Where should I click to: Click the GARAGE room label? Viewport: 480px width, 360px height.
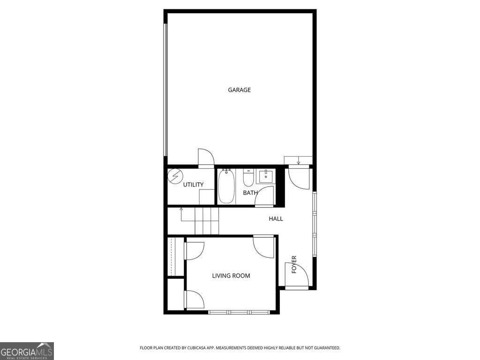[x=239, y=90]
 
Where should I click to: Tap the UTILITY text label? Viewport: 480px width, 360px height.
[x=193, y=185]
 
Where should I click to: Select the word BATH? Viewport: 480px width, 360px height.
[x=250, y=193]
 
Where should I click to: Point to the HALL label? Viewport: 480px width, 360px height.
[x=276, y=218]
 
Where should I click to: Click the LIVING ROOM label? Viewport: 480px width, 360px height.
[x=231, y=276]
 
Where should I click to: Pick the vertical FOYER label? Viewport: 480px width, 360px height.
[x=294, y=264]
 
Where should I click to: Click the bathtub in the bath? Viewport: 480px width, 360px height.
[x=226, y=187]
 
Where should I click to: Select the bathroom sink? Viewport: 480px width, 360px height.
[x=265, y=176]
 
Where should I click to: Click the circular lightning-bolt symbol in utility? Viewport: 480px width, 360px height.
[x=175, y=176]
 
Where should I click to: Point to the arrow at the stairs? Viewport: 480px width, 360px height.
[x=181, y=209]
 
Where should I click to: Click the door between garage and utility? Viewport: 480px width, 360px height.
[x=206, y=158]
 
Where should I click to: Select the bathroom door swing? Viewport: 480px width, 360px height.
[x=265, y=196]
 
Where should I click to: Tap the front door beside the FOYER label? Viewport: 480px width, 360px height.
[x=296, y=277]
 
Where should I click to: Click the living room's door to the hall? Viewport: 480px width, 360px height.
[x=264, y=246]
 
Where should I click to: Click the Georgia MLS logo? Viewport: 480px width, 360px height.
[x=27, y=351]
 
